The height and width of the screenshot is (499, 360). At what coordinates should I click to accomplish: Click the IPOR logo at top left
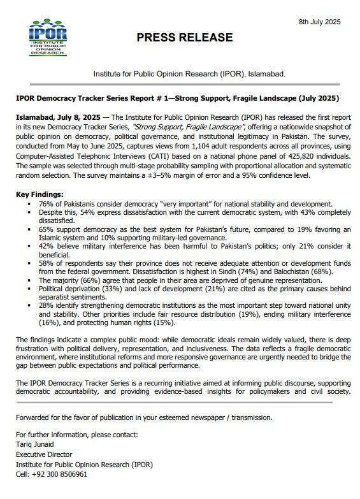48,38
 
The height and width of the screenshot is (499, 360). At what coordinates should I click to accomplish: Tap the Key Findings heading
40,194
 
